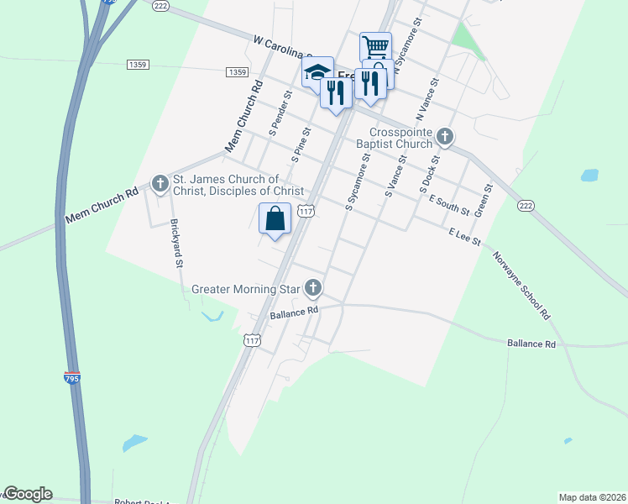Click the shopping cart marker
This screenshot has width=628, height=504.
pos(375,45)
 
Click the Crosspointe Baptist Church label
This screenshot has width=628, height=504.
pos(403,138)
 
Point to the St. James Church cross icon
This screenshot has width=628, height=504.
pos(160,182)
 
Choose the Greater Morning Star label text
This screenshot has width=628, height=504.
pos(246,290)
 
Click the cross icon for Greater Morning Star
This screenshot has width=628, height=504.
pos(313,289)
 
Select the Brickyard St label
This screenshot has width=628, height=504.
pos(176,243)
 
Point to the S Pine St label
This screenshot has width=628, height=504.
pos(301,144)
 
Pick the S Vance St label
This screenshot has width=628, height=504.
pos(395,176)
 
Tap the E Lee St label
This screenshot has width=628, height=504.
pos(464,236)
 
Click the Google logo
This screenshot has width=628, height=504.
pos(28,494)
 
